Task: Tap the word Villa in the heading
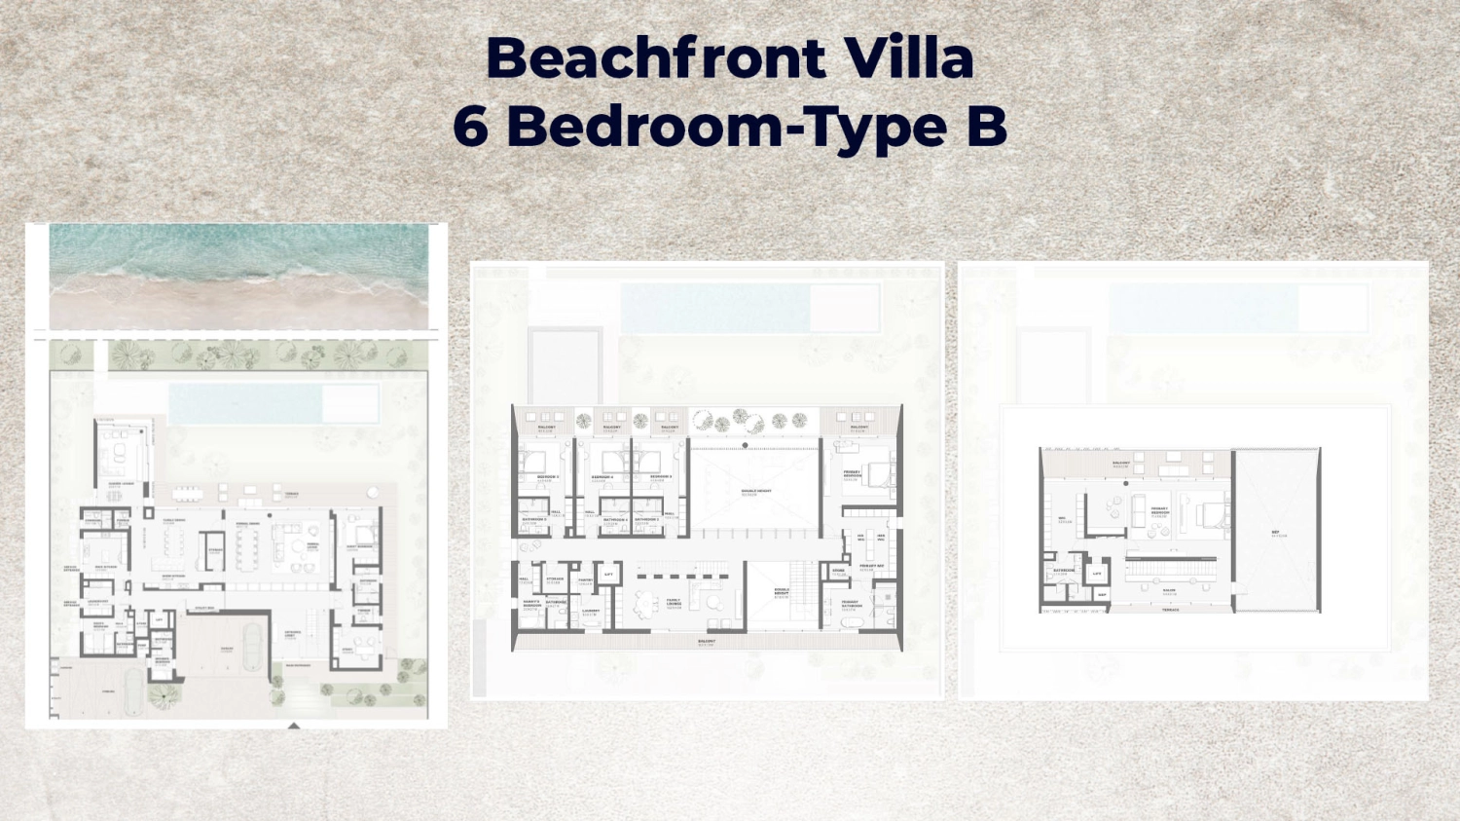point(909,58)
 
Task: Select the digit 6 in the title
point(470,127)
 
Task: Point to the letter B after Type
point(986,127)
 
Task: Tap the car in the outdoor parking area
point(130,689)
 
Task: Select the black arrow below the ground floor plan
point(294,726)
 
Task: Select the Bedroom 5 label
point(547,477)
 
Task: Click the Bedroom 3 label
point(659,477)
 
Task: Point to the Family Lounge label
point(674,603)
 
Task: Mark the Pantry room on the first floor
point(585,580)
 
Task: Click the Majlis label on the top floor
point(1168,590)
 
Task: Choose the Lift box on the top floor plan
point(1097,574)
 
